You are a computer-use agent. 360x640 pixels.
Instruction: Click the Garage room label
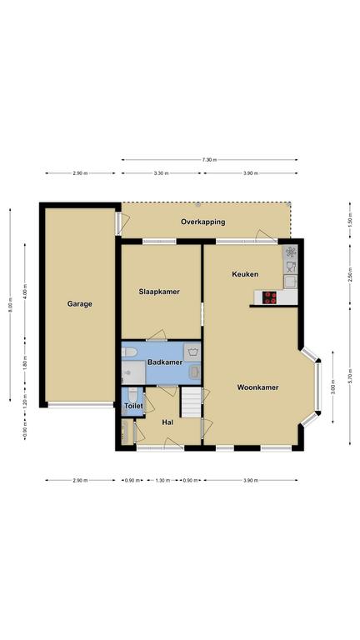[x=80, y=303]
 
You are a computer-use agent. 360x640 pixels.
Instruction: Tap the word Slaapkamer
[x=159, y=292]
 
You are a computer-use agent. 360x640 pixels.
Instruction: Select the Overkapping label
[x=202, y=222]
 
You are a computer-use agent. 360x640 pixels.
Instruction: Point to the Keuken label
[x=245, y=274]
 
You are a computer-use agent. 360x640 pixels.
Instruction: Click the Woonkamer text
[x=258, y=387]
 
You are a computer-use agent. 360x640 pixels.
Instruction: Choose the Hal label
[x=167, y=422]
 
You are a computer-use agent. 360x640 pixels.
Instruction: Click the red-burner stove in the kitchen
[x=269, y=297]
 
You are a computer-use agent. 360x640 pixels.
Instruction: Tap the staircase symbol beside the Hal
[x=191, y=402]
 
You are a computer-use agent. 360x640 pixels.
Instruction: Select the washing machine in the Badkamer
[x=192, y=352]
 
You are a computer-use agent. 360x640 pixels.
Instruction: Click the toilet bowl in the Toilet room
[x=132, y=396]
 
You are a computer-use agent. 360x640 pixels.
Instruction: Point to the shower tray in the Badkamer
[x=133, y=372]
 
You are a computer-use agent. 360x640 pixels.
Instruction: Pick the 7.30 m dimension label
[x=209, y=160]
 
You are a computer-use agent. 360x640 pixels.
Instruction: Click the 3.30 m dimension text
[x=161, y=173]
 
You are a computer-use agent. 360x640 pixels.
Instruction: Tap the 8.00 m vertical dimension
[x=11, y=304]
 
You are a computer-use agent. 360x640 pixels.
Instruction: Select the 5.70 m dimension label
[x=350, y=376]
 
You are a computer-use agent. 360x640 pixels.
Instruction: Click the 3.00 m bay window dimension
[x=333, y=387]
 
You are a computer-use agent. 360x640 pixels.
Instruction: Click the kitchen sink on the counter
[x=290, y=281]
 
